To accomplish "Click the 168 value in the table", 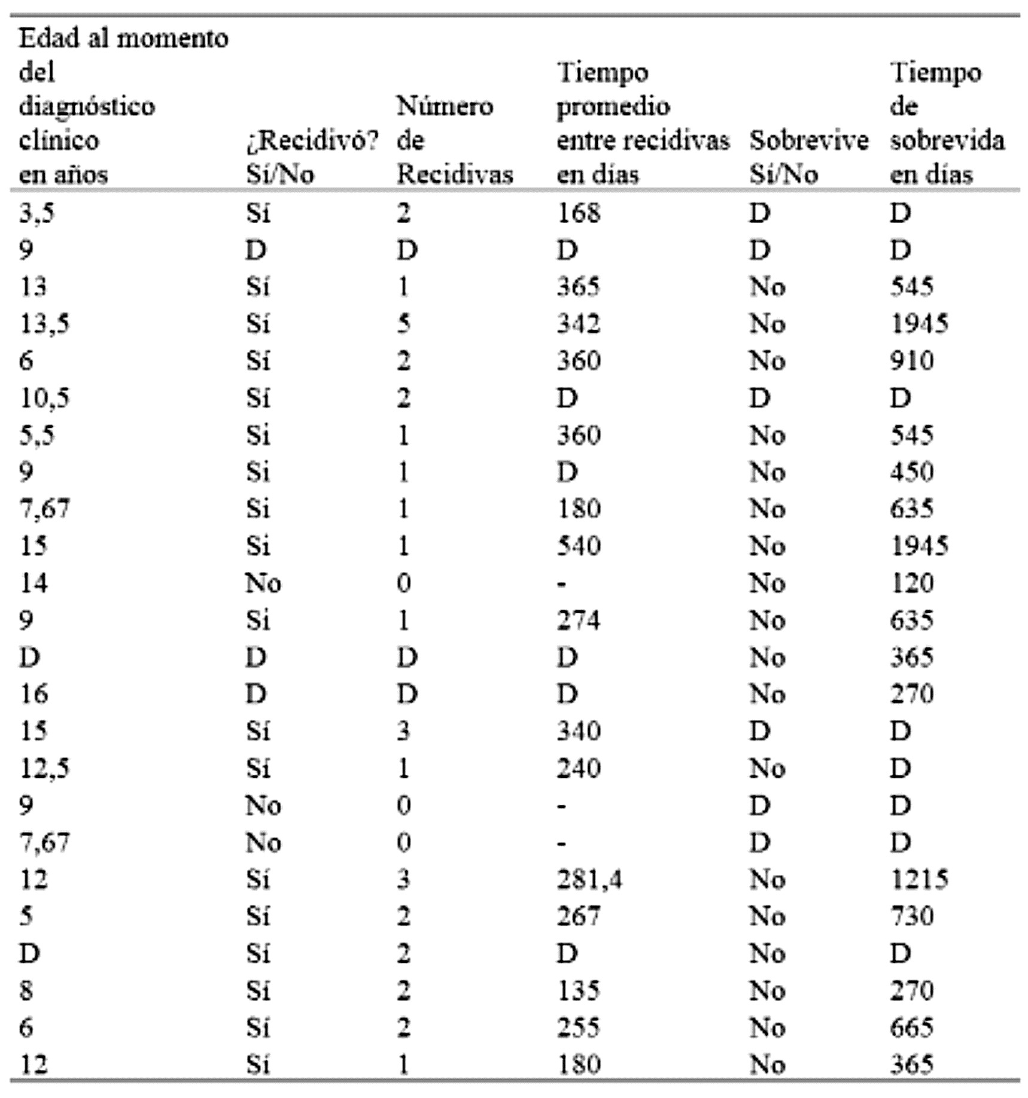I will pyautogui.click(x=578, y=213).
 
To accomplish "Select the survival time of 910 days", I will pyautogui.click(x=911, y=361).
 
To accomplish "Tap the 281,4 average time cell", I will pyautogui.click(x=589, y=880).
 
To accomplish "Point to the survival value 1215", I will pyautogui.click(x=918, y=880).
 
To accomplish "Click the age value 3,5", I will pyautogui.click(x=37, y=213).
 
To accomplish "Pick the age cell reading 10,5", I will pyautogui.click(x=44, y=398).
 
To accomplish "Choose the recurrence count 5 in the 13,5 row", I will pyautogui.click(x=403, y=324).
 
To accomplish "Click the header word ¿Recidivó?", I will pyautogui.click(x=312, y=141).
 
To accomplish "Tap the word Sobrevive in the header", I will pyautogui.click(x=808, y=141).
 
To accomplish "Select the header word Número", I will pyautogui.click(x=445, y=107).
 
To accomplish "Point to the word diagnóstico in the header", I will pyautogui.click(x=87, y=107).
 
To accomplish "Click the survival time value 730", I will pyautogui.click(x=911, y=916).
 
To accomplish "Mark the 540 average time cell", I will pyautogui.click(x=578, y=546).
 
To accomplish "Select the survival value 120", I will pyautogui.click(x=911, y=583).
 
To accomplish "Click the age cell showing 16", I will pyautogui.click(x=33, y=694).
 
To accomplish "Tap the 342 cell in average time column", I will pyautogui.click(x=578, y=324).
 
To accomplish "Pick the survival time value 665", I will pyautogui.click(x=911, y=1027).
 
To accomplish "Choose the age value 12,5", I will pyautogui.click(x=44, y=768).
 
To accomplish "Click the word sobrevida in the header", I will pyautogui.click(x=947, y=141).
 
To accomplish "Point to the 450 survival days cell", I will pyautogui.click(x=911, y=472).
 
